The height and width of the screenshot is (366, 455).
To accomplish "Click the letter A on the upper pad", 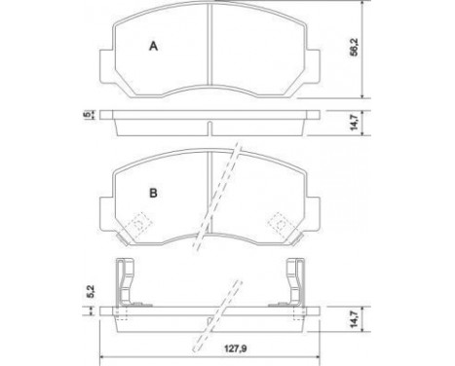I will coord(152,46).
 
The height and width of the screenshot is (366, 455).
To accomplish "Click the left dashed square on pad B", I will coord(140,224).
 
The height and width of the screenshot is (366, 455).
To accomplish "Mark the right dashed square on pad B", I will coord(280,224).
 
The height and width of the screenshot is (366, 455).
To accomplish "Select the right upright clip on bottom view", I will coord(296,284).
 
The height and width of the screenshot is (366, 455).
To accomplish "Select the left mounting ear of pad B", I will coord(104,208).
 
